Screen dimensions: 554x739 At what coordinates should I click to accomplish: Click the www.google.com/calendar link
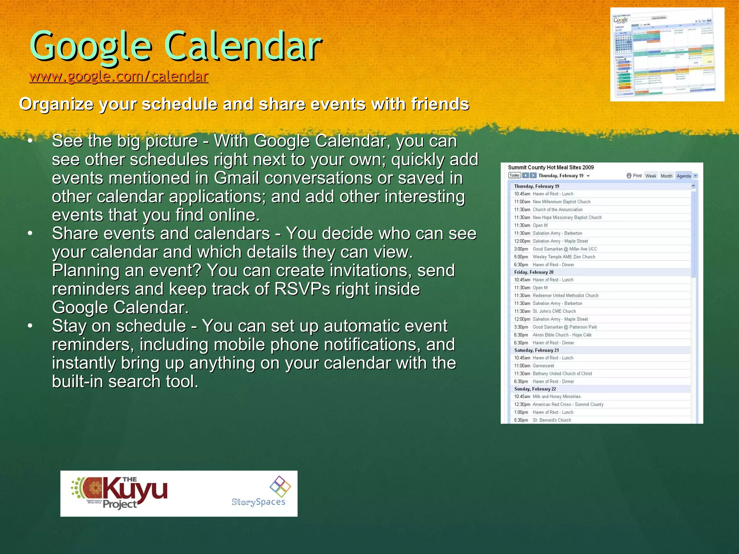coord(119,76)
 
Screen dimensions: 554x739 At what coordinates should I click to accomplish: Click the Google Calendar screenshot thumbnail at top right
coord(667,54)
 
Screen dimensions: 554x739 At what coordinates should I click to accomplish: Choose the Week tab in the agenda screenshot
coord(651,176)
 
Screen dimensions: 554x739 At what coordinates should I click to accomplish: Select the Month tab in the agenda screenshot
coord(666,176)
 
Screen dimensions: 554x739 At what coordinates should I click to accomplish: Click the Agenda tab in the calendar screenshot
coord(683,176)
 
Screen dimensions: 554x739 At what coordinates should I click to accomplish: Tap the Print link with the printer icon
coord(634,176)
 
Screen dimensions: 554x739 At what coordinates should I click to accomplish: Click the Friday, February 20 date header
coord(534,272)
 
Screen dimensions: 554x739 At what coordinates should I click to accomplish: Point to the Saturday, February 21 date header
coord(536,350)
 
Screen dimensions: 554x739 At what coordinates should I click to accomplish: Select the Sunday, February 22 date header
coord(535,389)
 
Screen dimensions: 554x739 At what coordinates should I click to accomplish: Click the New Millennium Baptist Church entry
coord(561,202)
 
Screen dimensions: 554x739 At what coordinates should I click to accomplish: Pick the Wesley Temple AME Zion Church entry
coord(564,257)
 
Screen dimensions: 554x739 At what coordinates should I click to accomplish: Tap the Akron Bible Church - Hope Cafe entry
coord(562,335)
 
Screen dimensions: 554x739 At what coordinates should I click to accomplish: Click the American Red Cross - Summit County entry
coord(568,404)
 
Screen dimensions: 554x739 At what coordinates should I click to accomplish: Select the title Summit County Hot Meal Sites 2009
coord(551,167)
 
